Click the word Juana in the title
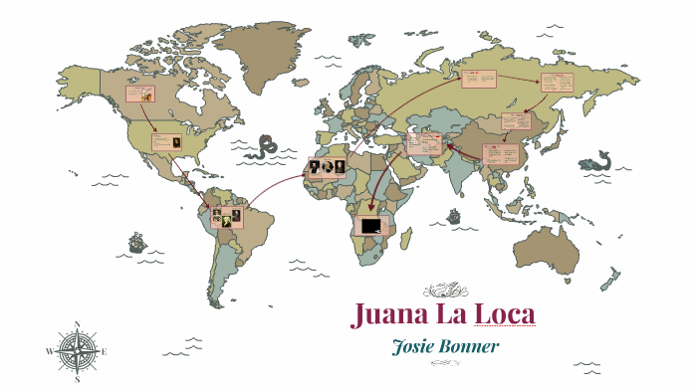pos(387,314)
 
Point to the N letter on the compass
pos(77,324)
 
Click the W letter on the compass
pos(50,352)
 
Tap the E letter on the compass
pos(105,352)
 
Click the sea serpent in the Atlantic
pos(264,147)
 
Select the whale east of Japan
pos(597,159)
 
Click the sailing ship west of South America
pos(135,242)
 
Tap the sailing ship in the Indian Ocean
pos(454,215)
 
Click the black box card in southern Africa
pos(371,227)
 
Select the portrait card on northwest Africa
pos(327,167)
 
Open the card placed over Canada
pos(138,95)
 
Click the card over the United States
pos(166,142)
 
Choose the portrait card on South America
pos(226,217)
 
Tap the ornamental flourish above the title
pos(444,291)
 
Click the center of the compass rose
pos(77,352)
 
